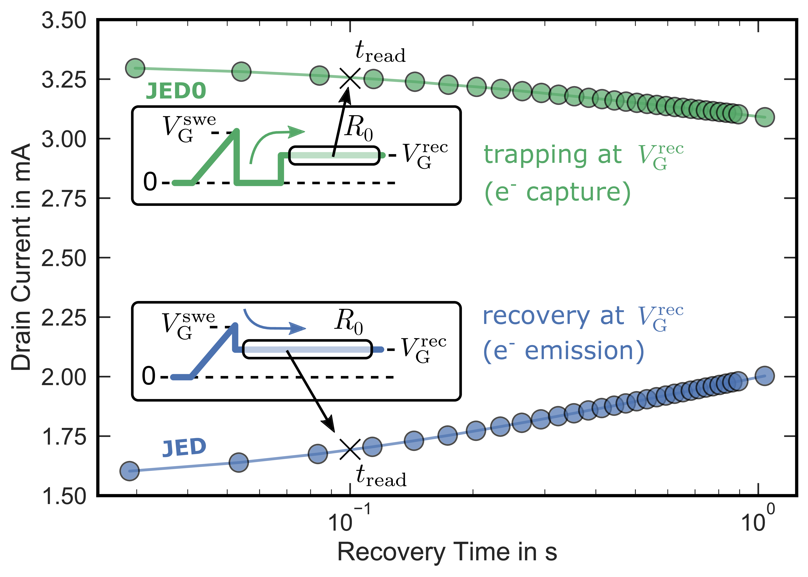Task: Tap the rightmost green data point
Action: coord(765,117)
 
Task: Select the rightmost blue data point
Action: coord(765,376)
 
